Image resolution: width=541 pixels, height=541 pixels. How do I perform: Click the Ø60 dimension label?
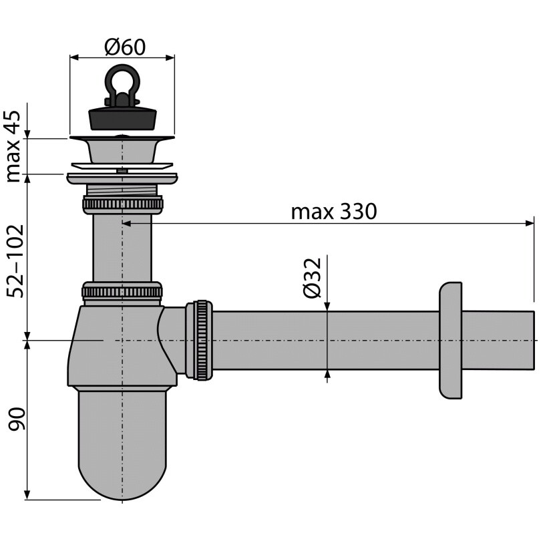(125, 47)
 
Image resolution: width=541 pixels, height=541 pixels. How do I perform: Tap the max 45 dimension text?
(14, 147)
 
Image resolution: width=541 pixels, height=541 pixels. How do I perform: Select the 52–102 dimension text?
(15, 261)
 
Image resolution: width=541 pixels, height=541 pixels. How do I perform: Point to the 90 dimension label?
(17, 419)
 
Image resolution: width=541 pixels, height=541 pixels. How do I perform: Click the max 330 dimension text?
(334, 212)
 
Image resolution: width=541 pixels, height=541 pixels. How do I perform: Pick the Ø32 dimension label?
(313, 278)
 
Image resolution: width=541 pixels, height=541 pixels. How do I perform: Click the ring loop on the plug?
(122, 83)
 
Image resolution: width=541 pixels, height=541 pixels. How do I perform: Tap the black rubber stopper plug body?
(123, 118)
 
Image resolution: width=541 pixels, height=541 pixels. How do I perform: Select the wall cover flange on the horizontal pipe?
(451, 341)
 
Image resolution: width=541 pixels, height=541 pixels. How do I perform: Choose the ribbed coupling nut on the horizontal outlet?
(199, 341)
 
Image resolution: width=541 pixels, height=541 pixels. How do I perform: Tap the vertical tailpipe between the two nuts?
(122, 248)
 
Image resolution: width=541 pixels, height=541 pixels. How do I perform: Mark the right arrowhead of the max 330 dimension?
(530, 223)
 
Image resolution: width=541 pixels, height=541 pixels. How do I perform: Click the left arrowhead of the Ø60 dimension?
(75, 57)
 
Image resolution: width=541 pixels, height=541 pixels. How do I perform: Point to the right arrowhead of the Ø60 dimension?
(170, 57)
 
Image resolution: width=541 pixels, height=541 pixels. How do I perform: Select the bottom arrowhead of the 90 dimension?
(27, 494)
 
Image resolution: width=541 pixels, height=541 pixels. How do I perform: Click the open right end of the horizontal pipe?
(534, 341)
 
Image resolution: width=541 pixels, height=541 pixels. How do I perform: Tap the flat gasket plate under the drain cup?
(122, 166)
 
